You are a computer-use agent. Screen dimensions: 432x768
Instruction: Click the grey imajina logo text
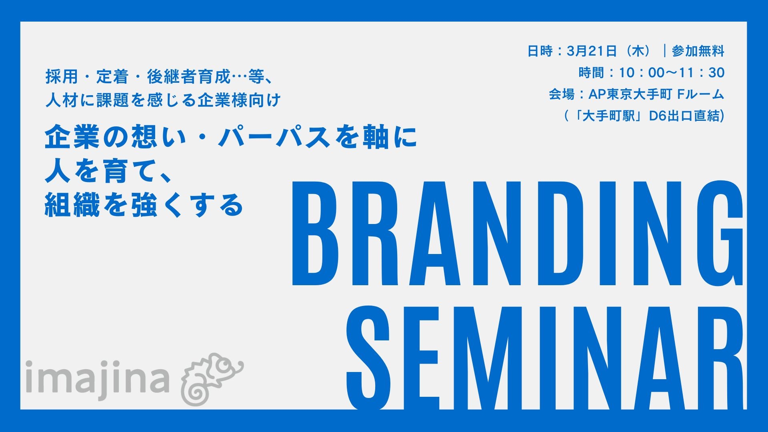coord(97,378)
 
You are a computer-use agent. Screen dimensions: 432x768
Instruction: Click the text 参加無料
coord(698,51)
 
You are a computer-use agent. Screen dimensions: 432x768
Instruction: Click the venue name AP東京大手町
coord(630,94)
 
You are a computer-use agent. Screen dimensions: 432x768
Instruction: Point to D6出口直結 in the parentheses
coord(686,116)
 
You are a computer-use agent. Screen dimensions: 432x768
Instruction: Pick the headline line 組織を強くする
coord(144,205)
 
